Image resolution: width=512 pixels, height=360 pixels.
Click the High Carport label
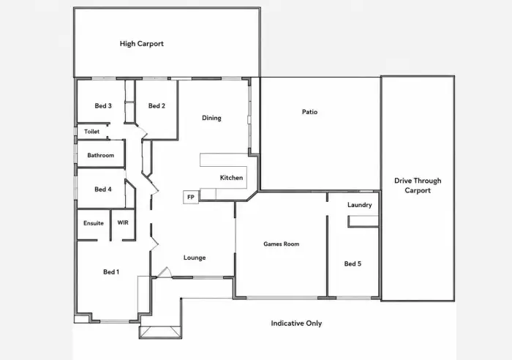tap(141, 44)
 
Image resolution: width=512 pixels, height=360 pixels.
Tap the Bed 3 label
tap(103, 106)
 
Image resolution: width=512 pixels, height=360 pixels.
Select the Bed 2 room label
tap(157, 106)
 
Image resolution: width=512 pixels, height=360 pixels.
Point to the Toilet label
tap(91, 131)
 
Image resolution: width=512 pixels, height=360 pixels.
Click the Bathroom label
tap(101, 155)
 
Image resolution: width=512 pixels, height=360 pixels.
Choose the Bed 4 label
tap(103, 190)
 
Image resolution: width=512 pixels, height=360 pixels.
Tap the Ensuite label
tap(94, 223)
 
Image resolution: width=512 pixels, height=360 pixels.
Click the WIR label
tap(123, 222)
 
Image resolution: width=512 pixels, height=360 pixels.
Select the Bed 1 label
tap(111, 271)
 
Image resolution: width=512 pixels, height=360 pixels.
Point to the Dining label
tap(211, 118)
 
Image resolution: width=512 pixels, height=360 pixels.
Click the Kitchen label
tap(232, 178)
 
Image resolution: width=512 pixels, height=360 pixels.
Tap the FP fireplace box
tap(191, 197)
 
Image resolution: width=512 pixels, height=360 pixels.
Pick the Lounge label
tap(195, 258)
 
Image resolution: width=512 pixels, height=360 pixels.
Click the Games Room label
tap(282, 244)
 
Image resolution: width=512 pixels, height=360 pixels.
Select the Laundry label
tap(360, 205)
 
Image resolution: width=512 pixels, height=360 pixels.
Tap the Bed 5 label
tap(353, 263)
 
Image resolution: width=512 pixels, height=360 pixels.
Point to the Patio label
tap(309, 112)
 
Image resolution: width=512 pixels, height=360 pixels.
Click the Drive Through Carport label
tap(418, 186)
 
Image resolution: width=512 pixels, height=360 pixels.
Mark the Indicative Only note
tap(296, 323)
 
